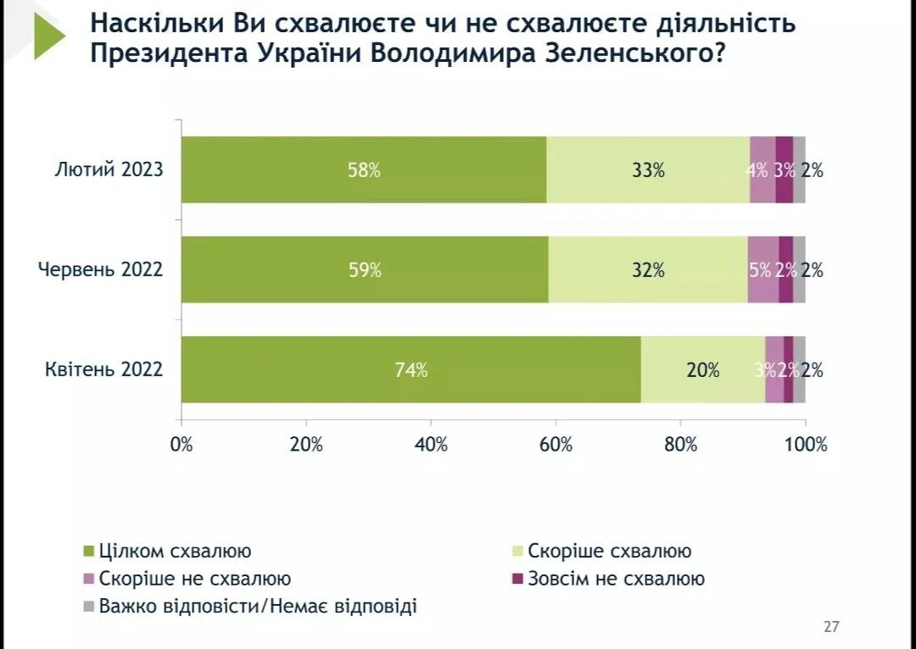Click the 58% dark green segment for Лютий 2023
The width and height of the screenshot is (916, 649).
tap(364, 169)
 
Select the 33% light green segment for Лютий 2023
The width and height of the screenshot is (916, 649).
tap(648, 169)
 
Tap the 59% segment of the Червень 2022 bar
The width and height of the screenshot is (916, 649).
tap(365, 270)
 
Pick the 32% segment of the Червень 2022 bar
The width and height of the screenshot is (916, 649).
tap(648, 270)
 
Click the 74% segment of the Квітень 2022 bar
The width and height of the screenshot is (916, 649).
tap(411, 370)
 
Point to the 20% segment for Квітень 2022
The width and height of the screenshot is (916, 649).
tap(702, 370)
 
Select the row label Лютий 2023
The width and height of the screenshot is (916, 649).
tap(108, 169)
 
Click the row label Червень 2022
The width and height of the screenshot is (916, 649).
tap(100, 270)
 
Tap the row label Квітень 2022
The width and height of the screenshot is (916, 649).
tap(103, 370)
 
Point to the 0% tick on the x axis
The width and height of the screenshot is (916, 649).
tap(182, 444)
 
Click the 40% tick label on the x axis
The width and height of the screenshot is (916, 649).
tap(431, 444)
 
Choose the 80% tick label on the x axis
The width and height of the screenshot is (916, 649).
tap(680, 444)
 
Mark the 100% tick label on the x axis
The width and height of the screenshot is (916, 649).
tap(804, 444)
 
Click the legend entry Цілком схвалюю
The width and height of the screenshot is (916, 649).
tap(175, 551)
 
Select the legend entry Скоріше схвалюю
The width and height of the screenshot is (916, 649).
tap(609, 551)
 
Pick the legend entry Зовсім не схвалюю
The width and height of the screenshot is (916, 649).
tap(616, 579)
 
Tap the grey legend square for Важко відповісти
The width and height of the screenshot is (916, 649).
tap(87, 607)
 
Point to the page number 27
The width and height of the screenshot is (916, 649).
tap(831, 627)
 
